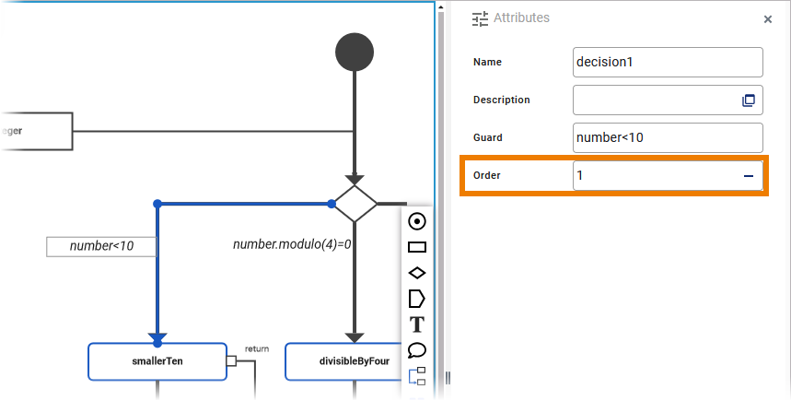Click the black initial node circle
(x=355, y=52)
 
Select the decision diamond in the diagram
(x=355, y=203)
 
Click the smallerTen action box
(x=157, y=361)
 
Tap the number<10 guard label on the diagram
(x=102, y=246)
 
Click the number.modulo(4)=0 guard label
(x=292, y=245)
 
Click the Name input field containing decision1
(x=667, y=62)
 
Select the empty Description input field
(x=656, y=100)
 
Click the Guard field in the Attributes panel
(x=667, y=137)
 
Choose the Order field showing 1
(x=656, y=175)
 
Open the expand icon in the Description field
(x=749, y=100)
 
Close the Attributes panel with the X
(x=768, y=18)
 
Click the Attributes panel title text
(x=521, y=18)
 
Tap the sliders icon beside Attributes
(x=480, y=18)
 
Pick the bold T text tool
(x=416, y=324)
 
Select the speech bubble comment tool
(x=416, y=350)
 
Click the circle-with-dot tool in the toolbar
(x=416, y=221)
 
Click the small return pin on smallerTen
(x=232, y=361)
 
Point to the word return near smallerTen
(x=257, y=348)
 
